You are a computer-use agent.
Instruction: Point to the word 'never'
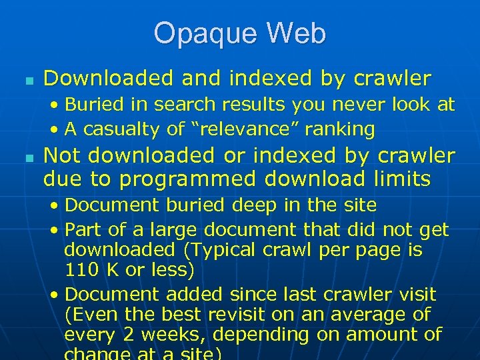[369, 105]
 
